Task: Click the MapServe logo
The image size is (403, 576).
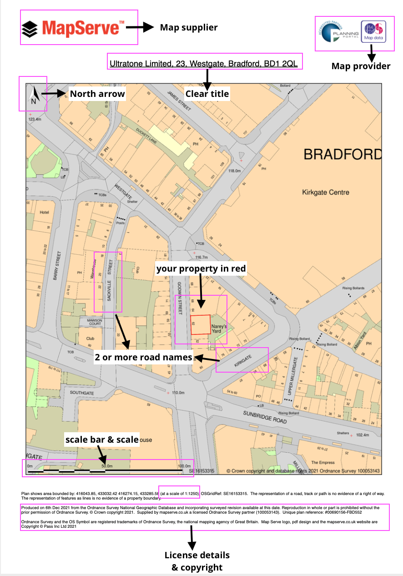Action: click(73, 28)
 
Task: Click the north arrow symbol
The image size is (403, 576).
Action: click(33, 96)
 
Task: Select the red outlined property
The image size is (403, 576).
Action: click(200, 325)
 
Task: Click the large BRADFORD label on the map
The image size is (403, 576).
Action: click(343, 154)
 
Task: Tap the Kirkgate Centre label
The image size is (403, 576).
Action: click(326, 192)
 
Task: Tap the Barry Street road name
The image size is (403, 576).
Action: click(57, 266)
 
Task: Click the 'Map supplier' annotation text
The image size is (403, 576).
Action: click(188, 28)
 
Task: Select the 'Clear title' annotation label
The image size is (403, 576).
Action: click(207, 94)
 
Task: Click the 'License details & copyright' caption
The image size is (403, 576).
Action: click(197, 561)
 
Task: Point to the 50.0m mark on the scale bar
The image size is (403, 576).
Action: click(106, 466)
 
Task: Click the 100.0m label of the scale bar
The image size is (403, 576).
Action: click(184, 466)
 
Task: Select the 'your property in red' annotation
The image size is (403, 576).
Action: click(201, 269)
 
